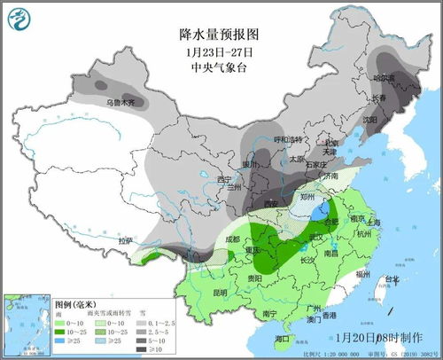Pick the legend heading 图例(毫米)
74,303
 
